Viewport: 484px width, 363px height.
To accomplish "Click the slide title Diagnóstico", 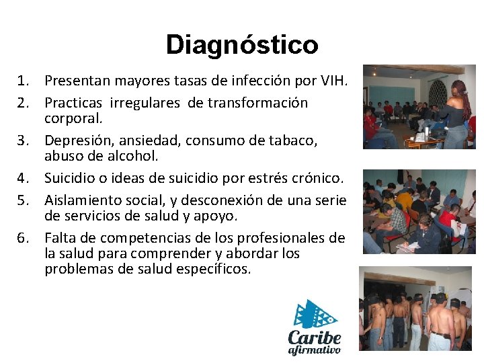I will [242, 45].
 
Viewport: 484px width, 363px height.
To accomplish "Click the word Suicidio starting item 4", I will [71, 178].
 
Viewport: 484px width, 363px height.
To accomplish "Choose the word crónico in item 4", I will [319, 178].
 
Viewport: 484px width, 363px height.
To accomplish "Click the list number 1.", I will [25, 82].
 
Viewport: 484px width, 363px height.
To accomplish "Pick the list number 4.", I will [25, 178].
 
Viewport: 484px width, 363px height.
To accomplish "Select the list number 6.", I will [25, 238].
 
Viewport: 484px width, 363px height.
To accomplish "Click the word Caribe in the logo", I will [314, 337].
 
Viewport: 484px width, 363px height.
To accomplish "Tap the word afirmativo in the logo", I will [314, 350].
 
